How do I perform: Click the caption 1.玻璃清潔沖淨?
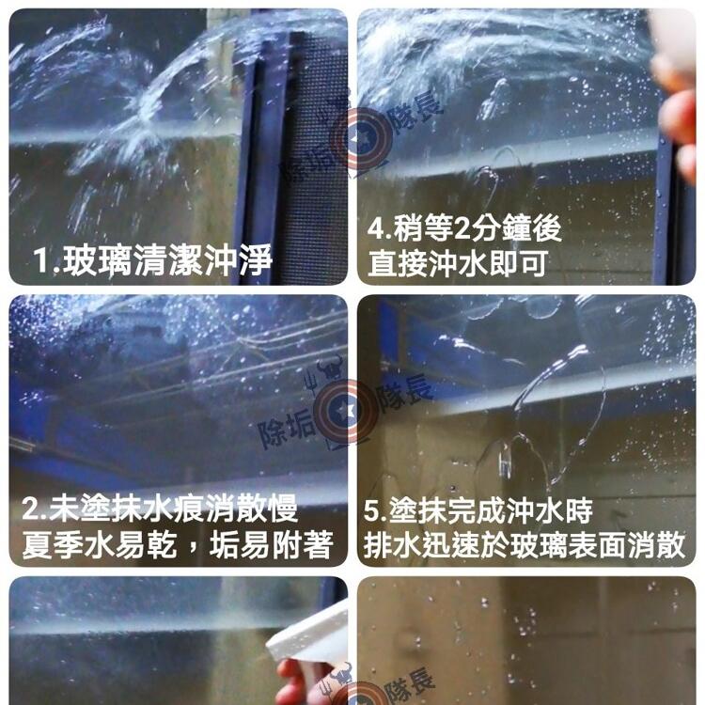click(152, 259)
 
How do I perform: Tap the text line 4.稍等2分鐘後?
click(464, 228)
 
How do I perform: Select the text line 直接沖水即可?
click(458, 263)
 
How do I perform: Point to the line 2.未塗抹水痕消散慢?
click(160, 509)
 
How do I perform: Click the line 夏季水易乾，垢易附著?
click(178, 544)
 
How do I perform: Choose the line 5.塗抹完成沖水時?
click(478, 510)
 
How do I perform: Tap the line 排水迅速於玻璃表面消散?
click(525, 544)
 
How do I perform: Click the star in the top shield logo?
click(363, 138)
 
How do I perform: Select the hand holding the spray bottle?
click(301, 683)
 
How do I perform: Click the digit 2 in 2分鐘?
click(462, 228)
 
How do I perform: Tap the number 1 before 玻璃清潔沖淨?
click(41, 260)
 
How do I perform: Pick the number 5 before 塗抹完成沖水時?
click(372, 511)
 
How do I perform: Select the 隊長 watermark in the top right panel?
click(417, 112)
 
